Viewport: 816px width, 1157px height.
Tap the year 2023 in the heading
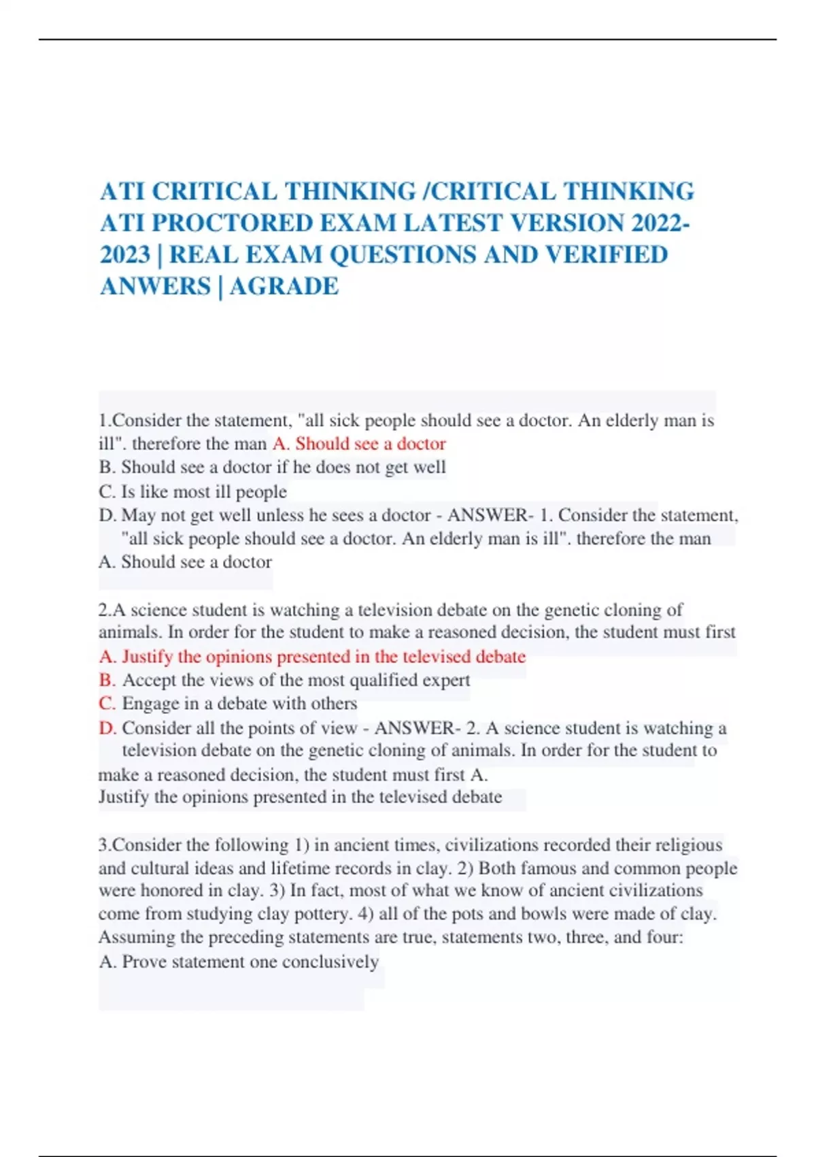click(x=124, y=255)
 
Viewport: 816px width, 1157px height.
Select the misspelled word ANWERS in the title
click(x=155, y=286)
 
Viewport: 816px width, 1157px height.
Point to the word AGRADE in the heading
click(x=284, y=286)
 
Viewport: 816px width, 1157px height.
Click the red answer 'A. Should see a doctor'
click(x=359, y=444)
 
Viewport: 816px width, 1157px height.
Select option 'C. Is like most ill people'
click(x=192, y=491)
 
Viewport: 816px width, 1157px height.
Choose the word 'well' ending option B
click(x=430, y=468)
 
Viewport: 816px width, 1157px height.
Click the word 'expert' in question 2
click(x=447, y=680)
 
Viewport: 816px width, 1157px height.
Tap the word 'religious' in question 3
click(x=688, y=845)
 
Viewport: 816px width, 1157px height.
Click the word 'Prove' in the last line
click(x=144, y=962)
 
